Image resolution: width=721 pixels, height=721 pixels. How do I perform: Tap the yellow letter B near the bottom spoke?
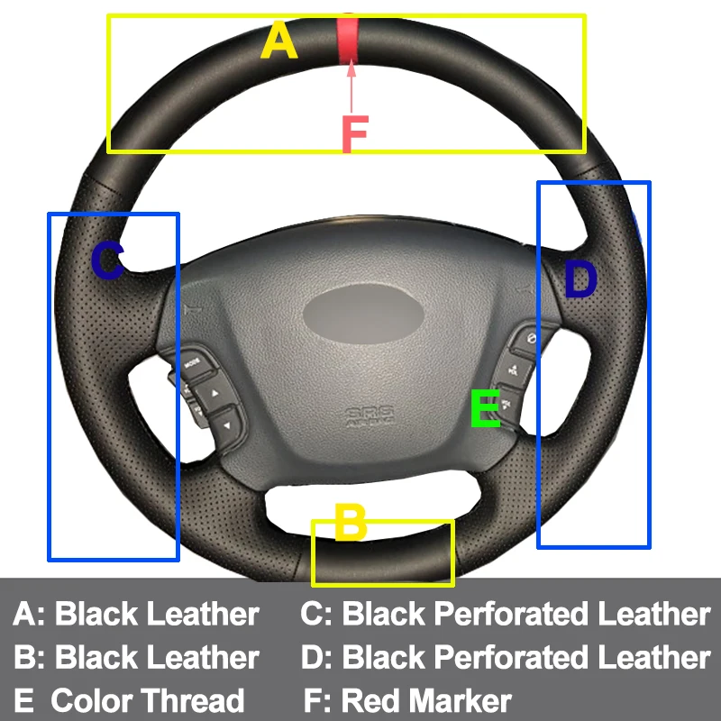click(x=350, y=523)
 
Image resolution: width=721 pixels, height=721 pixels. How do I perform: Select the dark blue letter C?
click(x=107, y=261)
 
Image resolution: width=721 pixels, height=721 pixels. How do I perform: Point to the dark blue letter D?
click(x=580, y=280)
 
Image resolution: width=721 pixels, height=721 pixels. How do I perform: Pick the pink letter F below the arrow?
click(x=354, y=134)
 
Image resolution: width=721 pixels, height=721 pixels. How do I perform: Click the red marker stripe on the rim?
click(x=347, y=38)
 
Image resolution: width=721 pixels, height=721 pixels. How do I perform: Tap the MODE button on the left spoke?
click(x=194, y=362)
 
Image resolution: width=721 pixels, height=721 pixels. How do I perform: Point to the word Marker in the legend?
click(x=459, y=700)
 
